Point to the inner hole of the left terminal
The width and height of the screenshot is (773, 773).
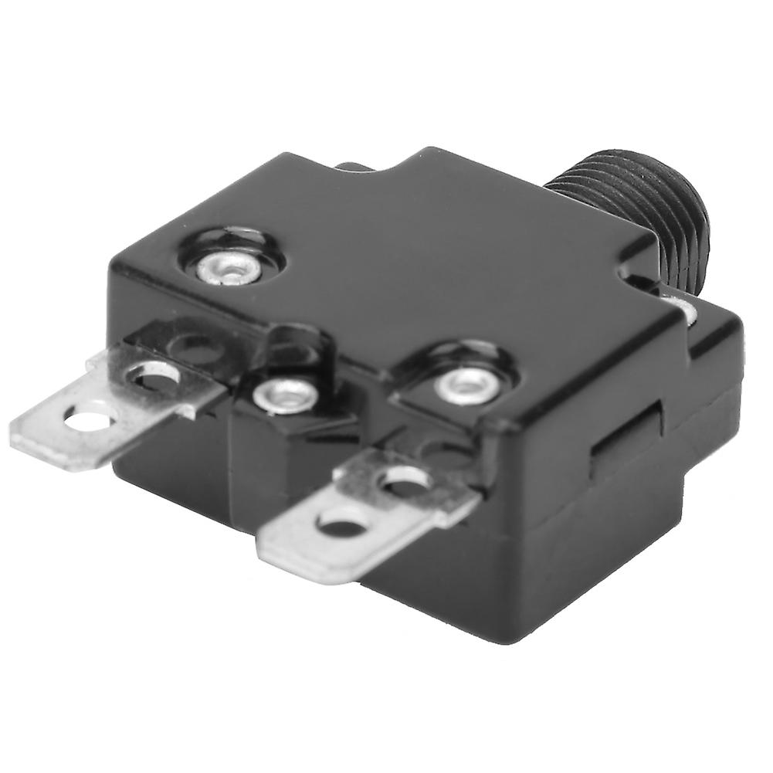(x=153, y=377)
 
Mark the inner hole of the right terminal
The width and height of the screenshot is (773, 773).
(x=405, y=480)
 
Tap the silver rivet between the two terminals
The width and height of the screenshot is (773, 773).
(x=286, y=396)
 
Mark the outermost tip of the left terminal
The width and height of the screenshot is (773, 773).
(x=19, y=429)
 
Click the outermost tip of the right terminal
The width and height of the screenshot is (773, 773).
(x=266, y=552)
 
